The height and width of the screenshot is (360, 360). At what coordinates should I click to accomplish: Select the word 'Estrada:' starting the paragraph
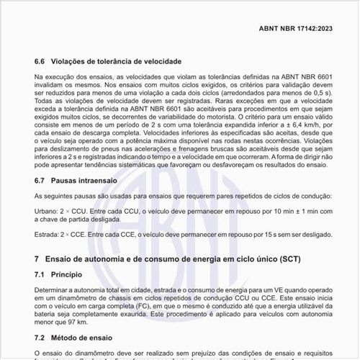point(48,235)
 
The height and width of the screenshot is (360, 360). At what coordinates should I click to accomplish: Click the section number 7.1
point(40,274)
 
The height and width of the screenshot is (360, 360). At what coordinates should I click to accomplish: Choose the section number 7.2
point(40,337)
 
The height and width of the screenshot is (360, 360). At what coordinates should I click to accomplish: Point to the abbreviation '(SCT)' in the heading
point(284,258)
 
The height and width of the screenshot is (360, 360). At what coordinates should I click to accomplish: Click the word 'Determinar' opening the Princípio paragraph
point(51,289)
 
